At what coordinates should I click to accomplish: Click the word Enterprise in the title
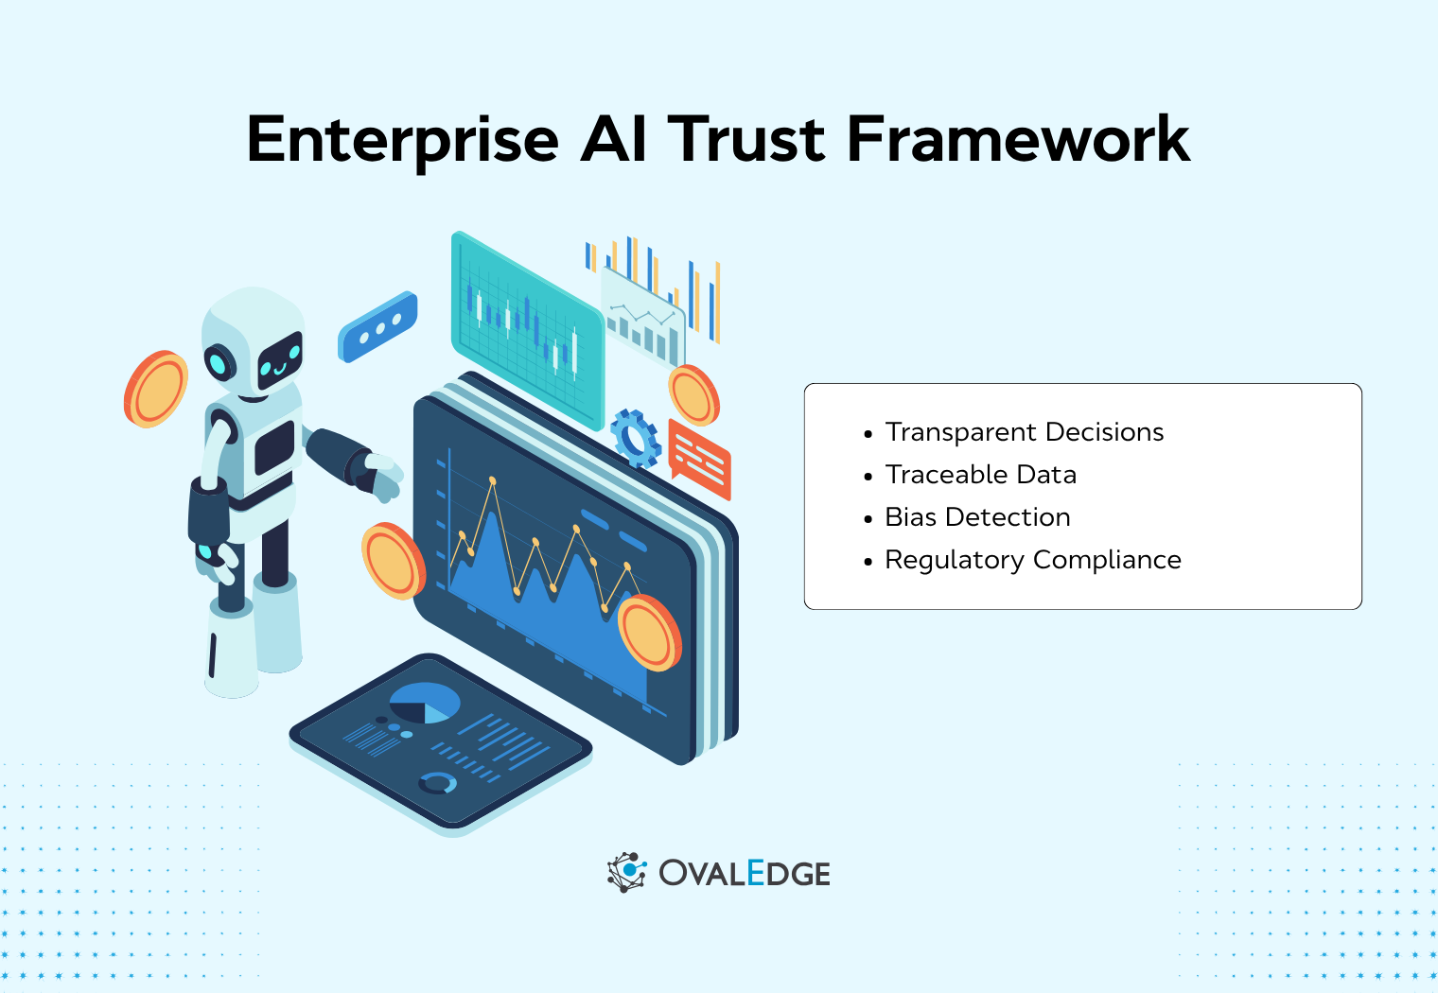(403, 140)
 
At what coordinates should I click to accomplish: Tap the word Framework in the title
(1018, 140)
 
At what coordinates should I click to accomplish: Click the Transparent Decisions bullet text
(1025, 432)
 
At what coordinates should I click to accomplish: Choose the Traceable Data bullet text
(981, 475)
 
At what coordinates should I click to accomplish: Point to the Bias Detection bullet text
(977, 517)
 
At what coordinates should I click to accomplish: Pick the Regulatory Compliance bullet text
(1033, 560)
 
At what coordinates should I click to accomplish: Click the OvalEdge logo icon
(626, 872)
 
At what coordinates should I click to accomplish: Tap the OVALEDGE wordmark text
(745, 873)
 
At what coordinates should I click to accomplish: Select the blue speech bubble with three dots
(377, 327)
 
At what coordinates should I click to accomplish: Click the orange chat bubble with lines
(699, 460)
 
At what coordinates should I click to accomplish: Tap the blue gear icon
(635, 438)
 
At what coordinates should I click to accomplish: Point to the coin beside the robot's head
(156, 389)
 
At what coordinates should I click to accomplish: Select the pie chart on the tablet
(425, 704)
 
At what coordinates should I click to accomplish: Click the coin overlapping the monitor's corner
(649, 633)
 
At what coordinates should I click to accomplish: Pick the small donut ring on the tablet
(438, 783)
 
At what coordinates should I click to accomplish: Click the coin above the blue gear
(693, 394)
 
